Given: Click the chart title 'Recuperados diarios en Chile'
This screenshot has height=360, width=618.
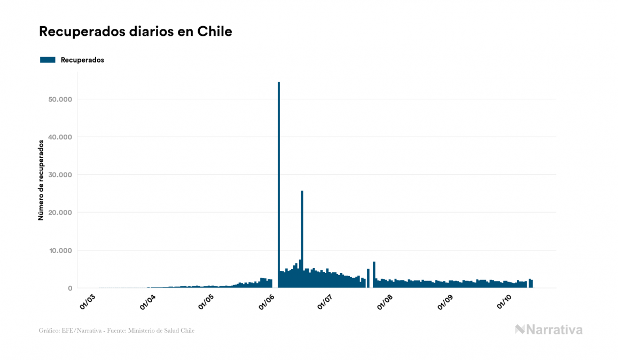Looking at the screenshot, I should coord(135,32).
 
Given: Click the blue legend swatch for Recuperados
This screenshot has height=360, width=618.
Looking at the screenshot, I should coord(48,60).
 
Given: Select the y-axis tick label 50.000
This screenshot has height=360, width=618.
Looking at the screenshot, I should coord(60,99).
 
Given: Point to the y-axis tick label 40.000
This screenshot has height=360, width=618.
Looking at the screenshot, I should coord(60,137).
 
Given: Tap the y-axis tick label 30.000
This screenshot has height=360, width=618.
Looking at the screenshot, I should coord(60,175).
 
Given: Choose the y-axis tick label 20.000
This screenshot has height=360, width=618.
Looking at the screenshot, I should coord(60,213).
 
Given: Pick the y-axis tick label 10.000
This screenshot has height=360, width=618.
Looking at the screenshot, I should coord(60,251).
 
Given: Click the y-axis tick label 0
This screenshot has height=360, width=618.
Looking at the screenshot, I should coord(69,288).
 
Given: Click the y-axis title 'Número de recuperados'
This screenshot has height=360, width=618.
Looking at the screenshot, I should coord(41,180).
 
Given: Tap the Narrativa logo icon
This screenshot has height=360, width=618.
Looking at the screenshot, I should coord(520,330).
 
